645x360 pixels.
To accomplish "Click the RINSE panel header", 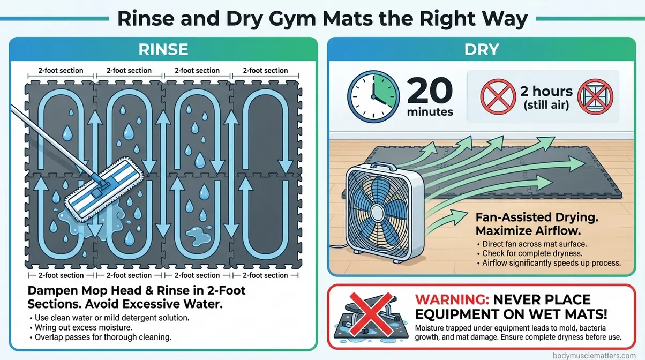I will click(163, 50).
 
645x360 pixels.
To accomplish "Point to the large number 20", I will click(430, 89).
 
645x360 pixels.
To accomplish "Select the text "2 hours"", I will click(546, 91).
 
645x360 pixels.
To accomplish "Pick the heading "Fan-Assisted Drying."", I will click(526, 217).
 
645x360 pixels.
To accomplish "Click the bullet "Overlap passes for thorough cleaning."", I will click(92, 337).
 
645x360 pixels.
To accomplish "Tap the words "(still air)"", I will click(546, 104).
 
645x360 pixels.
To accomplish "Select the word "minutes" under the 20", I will click(430, 112).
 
